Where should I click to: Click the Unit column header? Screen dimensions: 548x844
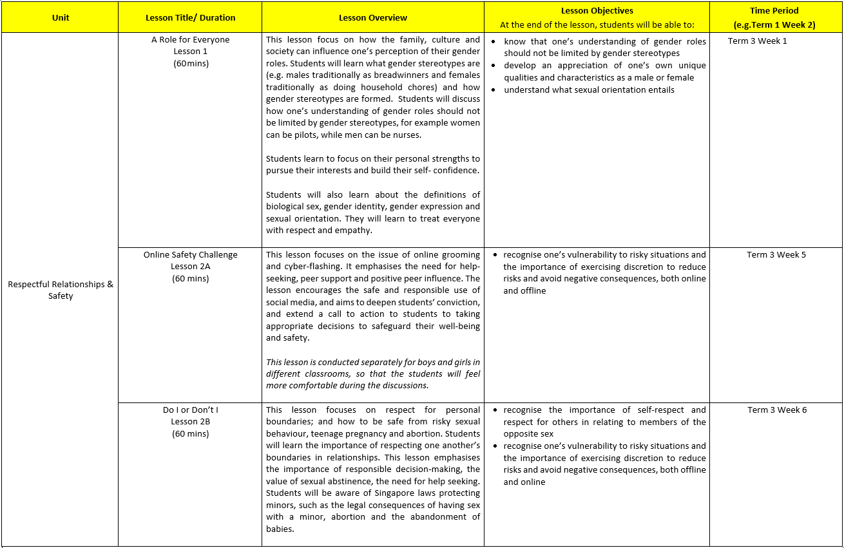60,17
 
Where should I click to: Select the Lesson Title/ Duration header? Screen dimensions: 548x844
190,17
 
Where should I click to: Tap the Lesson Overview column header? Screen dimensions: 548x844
373,17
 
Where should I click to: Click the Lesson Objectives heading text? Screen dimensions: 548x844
597,11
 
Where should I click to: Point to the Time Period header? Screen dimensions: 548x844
774,11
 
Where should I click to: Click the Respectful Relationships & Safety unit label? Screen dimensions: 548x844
60,290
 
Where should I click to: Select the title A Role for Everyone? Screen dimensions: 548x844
190,40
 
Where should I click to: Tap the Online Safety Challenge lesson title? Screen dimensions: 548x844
190,255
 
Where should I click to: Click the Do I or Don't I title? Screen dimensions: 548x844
190,410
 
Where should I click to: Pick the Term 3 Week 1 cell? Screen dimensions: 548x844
757,41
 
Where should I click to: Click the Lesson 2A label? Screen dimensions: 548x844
190,267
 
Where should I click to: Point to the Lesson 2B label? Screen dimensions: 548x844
190,422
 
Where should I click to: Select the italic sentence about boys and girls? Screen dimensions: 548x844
373,373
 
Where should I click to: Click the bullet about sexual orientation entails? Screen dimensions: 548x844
589,90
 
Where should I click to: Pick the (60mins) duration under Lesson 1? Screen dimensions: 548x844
190,64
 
